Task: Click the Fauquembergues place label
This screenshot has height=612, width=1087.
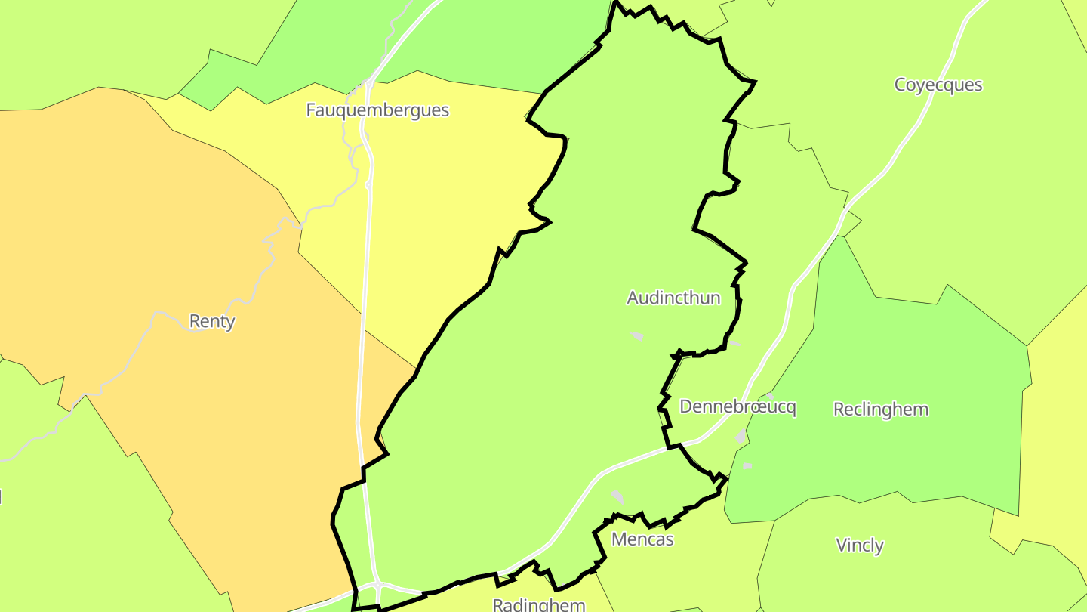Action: tap(377, 110)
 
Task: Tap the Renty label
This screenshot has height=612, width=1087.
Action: tap(212, 321)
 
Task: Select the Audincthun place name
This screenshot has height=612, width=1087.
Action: tap(673, 298)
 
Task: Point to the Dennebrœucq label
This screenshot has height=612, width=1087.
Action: tap(737, 407)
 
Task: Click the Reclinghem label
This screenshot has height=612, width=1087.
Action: tap(881, 410)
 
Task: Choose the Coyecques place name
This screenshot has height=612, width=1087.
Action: tap(938, 85)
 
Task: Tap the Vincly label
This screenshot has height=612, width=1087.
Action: tap(860, 545)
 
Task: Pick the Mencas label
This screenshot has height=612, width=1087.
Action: tap(642, 539)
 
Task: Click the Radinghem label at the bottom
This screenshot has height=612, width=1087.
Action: tap(539, 604)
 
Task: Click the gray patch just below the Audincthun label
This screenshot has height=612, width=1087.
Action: tap(636, 335)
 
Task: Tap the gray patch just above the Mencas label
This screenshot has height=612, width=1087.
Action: tap(618, 496)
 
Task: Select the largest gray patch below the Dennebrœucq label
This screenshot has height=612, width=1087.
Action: tap(741, 437)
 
